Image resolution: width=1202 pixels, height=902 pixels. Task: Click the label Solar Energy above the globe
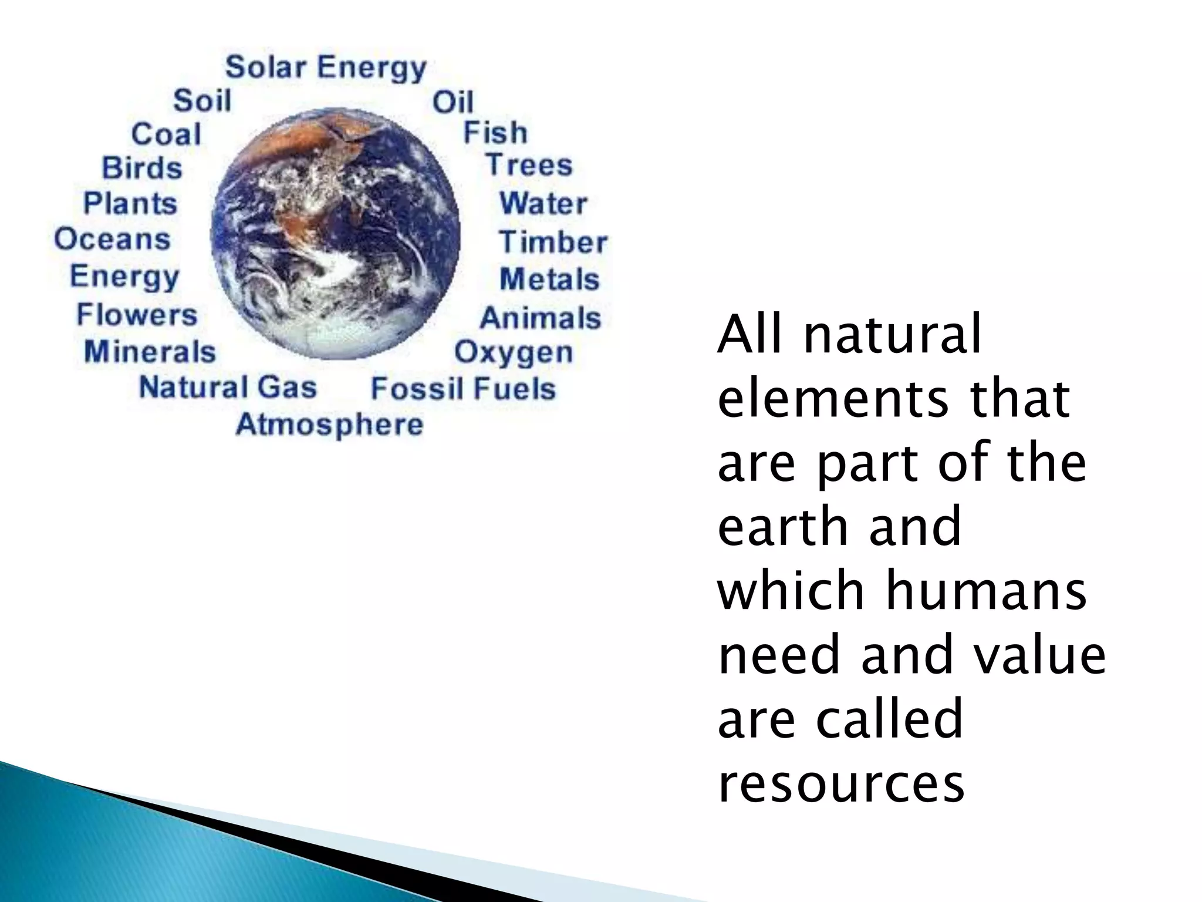[x=326, y=68]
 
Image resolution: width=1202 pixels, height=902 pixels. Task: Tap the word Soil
[x=202, y=100]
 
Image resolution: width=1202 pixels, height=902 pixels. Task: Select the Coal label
[x=166, y=134]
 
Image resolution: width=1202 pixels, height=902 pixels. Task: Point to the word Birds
[x=142, y=168]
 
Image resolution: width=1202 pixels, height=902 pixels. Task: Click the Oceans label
[x=113, y=239]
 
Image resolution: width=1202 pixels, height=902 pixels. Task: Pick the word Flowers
[x=137, y=315]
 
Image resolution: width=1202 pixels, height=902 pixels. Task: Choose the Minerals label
[x=150, y=352]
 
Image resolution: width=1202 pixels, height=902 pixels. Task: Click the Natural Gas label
[x=228, y=388]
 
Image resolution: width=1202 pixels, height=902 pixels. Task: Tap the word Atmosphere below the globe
[x=329, y=425]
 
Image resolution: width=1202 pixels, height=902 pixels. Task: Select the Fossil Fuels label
[x=463, y=389]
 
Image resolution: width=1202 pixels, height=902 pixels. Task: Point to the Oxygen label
[x=514, y=353]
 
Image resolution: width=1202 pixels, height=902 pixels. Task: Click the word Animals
[x=541, y=318]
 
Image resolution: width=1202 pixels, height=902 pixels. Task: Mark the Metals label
[x=549, y=280]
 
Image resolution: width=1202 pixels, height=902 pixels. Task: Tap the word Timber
[x=553, y=243]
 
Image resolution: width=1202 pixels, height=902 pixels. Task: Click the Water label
[x=543, y=204]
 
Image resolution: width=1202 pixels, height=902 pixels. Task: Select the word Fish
[x=495, y=133]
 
